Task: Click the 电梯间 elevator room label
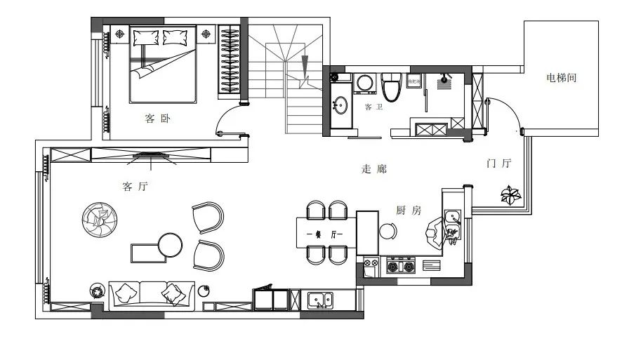point(561,79)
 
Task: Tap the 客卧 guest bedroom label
point(157,119)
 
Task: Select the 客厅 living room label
point(135,187)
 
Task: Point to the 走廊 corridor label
point(373,169)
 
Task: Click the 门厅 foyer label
point(499,164)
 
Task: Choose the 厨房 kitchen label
point(408,210)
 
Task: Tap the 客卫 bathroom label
point(373,107)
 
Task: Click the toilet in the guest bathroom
point(391,85)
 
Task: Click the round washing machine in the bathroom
point(365,83)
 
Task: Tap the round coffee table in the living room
point(170,245)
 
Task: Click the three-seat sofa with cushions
point(151,294)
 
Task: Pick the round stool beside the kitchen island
point(388,231)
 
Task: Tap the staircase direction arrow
point(305,69)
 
